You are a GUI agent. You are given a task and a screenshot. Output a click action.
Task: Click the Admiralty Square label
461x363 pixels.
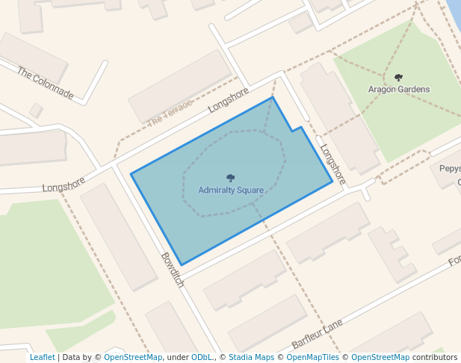231,190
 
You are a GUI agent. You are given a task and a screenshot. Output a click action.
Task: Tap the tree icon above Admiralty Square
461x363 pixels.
230,179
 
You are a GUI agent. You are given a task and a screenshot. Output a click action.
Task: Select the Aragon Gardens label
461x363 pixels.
399,90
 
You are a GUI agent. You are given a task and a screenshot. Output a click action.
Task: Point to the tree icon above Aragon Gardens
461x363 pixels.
398,78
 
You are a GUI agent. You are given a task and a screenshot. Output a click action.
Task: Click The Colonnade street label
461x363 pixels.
46,84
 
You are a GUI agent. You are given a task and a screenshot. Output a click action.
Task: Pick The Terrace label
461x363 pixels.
170,112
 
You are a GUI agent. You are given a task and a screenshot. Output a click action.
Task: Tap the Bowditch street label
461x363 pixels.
172,270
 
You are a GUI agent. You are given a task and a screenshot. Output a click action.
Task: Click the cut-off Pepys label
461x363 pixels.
450,169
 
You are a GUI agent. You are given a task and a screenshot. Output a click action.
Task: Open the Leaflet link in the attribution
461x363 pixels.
42,358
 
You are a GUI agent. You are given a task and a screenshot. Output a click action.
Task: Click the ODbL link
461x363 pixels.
202,358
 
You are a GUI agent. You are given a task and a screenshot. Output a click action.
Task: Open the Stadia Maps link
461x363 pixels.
251,358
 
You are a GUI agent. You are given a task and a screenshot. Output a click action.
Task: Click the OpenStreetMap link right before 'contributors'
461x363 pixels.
380,358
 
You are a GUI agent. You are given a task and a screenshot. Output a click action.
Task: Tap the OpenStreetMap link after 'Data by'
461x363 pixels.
133,358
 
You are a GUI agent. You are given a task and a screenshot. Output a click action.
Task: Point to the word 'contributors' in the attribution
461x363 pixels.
435,358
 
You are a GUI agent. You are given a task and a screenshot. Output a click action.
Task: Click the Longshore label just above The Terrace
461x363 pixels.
228,100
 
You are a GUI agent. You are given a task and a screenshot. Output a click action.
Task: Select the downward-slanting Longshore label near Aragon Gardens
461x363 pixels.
333,164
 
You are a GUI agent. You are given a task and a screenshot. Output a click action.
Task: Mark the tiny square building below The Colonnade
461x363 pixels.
36,111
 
